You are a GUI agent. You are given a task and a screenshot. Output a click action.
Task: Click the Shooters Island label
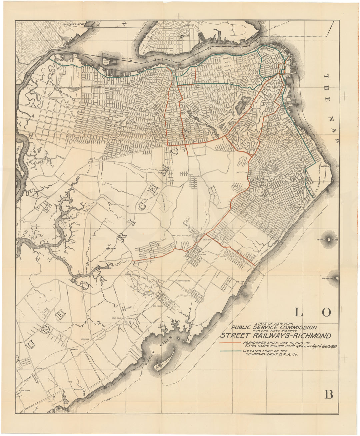(x=106, y=62)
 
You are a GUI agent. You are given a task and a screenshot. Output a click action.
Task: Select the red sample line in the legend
(x=230, y=343)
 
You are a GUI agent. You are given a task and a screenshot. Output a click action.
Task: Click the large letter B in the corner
(x=329, y=395)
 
